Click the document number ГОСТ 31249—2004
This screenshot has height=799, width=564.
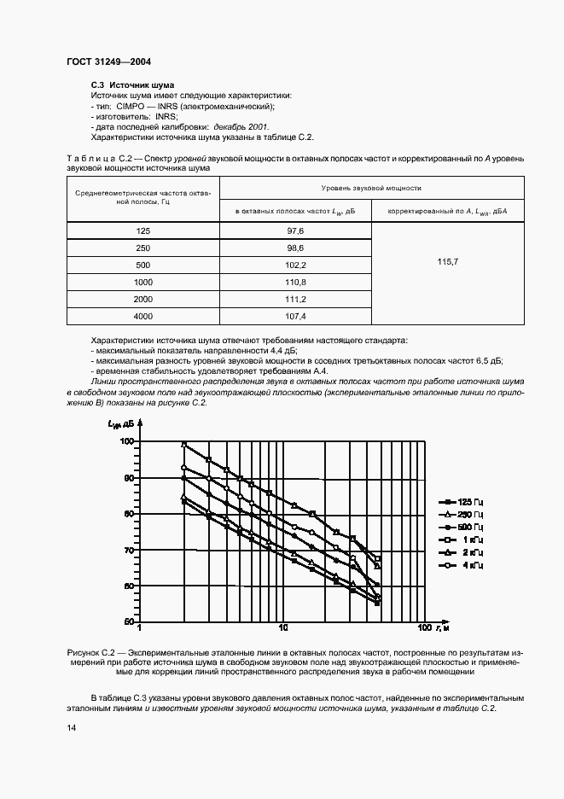tap(108, 62)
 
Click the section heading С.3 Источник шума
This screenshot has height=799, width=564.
tap(132, 86)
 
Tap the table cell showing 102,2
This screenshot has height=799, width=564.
tap(295, 265)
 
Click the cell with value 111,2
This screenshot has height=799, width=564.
tap(295, 299)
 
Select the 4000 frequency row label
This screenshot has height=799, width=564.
tap(142, 315)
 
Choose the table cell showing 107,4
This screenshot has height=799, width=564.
tap(295, 315)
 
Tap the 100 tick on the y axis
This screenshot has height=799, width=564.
tap(127, 441)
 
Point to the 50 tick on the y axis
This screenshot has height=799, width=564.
tap(129, 621)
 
